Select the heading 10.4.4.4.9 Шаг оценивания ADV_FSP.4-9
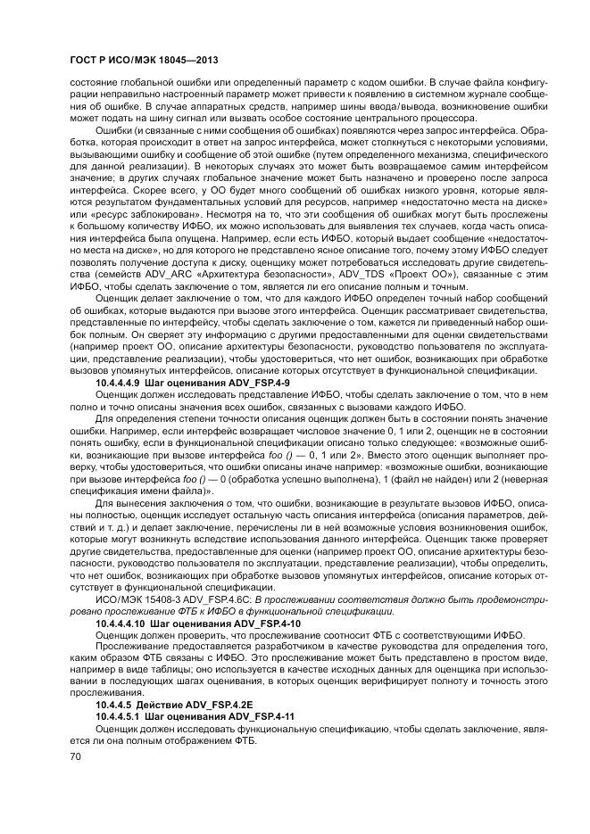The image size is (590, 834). pyautogui.click(x=192, y=382)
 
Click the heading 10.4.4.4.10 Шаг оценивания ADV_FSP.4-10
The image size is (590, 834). pyautogui.click(x=196, y=623)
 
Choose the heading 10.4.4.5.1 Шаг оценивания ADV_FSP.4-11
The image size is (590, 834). pyautogui.click(x=196, y=716)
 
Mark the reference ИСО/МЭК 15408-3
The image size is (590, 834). pyautogui.click(x=135, y=600)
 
